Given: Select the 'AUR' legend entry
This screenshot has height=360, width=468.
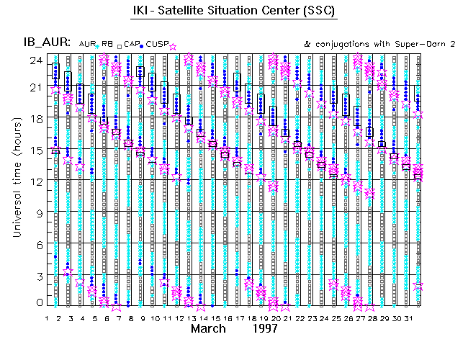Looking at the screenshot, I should (x=88, y=45).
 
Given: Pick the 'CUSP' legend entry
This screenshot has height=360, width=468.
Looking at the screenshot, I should (x=156, y=45).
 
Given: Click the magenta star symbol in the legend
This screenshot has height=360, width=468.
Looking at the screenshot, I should (x=172, y=46).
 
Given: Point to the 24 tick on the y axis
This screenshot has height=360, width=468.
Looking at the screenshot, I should (x=35, y=60).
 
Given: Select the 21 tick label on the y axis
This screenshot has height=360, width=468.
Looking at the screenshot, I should (x=35, y=87).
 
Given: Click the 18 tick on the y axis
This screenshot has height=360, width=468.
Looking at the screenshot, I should (x=35, y=119).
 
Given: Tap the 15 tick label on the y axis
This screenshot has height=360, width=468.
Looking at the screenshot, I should (x=35, y=150).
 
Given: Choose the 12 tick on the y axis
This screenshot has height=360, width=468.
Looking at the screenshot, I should (x=35, y=181).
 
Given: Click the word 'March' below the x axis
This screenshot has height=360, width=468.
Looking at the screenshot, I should (x=212, y=328).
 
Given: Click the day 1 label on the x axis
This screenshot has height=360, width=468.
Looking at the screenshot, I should (x=47, y=318).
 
